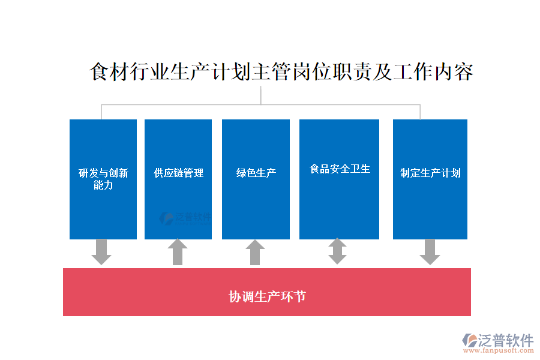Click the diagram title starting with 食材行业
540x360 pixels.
click(281, 72)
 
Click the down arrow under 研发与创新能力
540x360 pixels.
click(101, 251)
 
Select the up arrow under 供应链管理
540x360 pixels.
click(177, 252)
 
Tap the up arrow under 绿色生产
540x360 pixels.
click(255, 252)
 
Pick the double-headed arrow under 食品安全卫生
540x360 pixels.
click(337, 251)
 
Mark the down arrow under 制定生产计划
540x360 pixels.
click(430, 251)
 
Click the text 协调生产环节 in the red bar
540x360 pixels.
click(267, 296)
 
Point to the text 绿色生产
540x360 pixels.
click(256, 173)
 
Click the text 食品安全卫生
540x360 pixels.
click(340, 169)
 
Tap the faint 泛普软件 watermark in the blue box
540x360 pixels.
click(185, 218)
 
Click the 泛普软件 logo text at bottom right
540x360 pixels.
click(506, 340)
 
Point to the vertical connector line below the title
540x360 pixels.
click(261, 95)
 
